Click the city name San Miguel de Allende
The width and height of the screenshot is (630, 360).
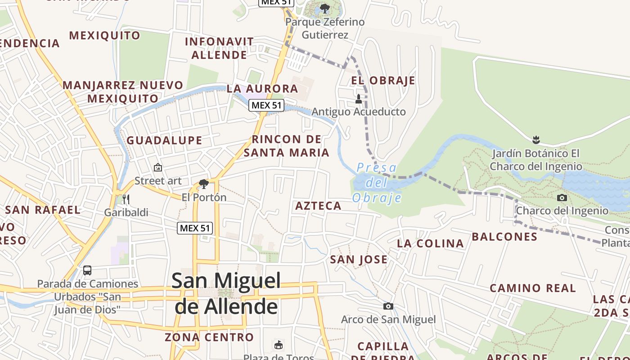coord(226,293)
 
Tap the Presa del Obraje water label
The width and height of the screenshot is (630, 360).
coord(377,183)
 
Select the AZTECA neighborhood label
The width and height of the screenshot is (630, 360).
coord(318,206)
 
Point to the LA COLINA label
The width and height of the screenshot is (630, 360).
coord(430,243)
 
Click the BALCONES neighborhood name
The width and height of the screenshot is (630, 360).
coord(504,237)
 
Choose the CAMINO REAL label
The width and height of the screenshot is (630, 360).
coord(533,288)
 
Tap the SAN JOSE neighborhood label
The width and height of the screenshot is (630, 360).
coord(359,259)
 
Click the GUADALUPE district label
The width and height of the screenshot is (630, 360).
coord(164,140)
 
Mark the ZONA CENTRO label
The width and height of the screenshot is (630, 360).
coord(209,337)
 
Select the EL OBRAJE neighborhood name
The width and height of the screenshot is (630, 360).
coord(383,81)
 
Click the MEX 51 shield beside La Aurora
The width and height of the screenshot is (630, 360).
coord(266,105)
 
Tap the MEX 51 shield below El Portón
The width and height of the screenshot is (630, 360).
coord(194,228)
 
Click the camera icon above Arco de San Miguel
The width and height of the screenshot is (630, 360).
coord(388,306)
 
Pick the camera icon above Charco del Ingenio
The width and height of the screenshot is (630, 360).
coord(562,198)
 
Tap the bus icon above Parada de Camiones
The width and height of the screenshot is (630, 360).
coord(87,270)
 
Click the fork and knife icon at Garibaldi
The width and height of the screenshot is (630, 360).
coord(126,199)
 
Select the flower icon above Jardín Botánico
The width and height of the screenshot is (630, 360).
coord(535,139)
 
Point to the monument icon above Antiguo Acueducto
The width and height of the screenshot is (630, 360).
coord(359,99)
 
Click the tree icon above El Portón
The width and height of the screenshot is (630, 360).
coord(203,184)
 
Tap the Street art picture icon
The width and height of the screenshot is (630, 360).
coord(158,167)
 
